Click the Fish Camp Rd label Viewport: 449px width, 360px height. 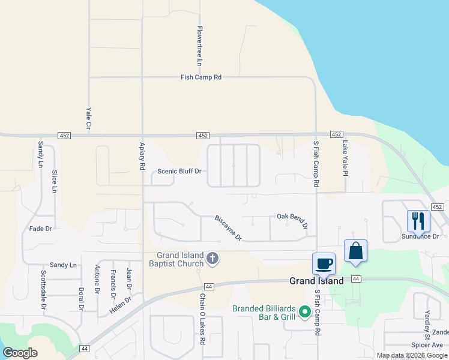(201, 77)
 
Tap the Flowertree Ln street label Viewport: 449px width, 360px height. (200, 46)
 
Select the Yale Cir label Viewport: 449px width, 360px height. (88, 119)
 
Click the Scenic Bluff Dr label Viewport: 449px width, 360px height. (178, 171)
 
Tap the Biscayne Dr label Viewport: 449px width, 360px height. (228, 228)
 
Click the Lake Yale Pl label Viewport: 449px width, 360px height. (345, 158)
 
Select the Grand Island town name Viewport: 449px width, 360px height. (316, 281)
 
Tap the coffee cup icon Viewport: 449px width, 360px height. (324, 263)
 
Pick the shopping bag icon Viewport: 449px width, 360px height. (355, 251)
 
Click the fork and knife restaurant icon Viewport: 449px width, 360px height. (418, 221)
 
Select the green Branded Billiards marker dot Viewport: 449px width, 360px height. (305, 311)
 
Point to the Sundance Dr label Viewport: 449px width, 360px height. (420, 236)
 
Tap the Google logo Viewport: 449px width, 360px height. (20, 353)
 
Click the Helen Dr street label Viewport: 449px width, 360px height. (120, 306)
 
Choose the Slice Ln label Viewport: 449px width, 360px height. (54, 181)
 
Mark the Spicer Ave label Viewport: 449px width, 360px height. (427, 345)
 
